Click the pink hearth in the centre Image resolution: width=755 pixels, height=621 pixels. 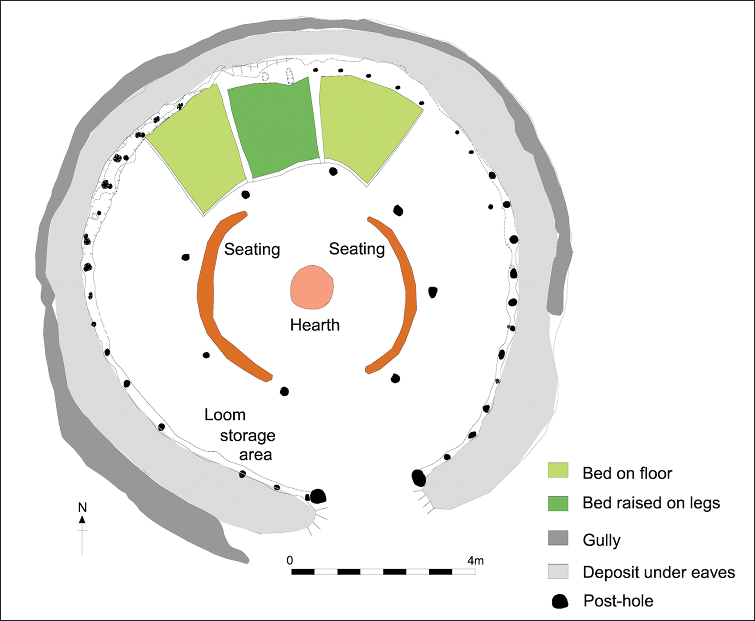(312, 287)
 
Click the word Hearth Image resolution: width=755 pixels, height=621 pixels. (315, 325)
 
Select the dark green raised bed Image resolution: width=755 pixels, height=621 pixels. (273, 128)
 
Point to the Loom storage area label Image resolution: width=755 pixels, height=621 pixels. (240, 435)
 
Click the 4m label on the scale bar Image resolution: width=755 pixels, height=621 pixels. (476, 560)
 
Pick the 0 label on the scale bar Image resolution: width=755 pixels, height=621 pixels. (290, 560)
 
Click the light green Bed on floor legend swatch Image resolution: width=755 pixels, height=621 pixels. (558, 470)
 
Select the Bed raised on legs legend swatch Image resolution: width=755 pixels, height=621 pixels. (558, 503)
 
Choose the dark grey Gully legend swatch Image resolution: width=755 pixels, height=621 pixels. (558, 538)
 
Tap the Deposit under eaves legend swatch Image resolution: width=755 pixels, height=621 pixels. (558, 571)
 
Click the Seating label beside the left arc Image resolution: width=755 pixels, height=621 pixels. (252, 250)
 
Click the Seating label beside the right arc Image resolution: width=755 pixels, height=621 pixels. (357, 249)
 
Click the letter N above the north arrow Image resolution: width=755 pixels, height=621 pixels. (83, 508)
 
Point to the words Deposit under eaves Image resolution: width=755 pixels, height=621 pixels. (659, 572)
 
